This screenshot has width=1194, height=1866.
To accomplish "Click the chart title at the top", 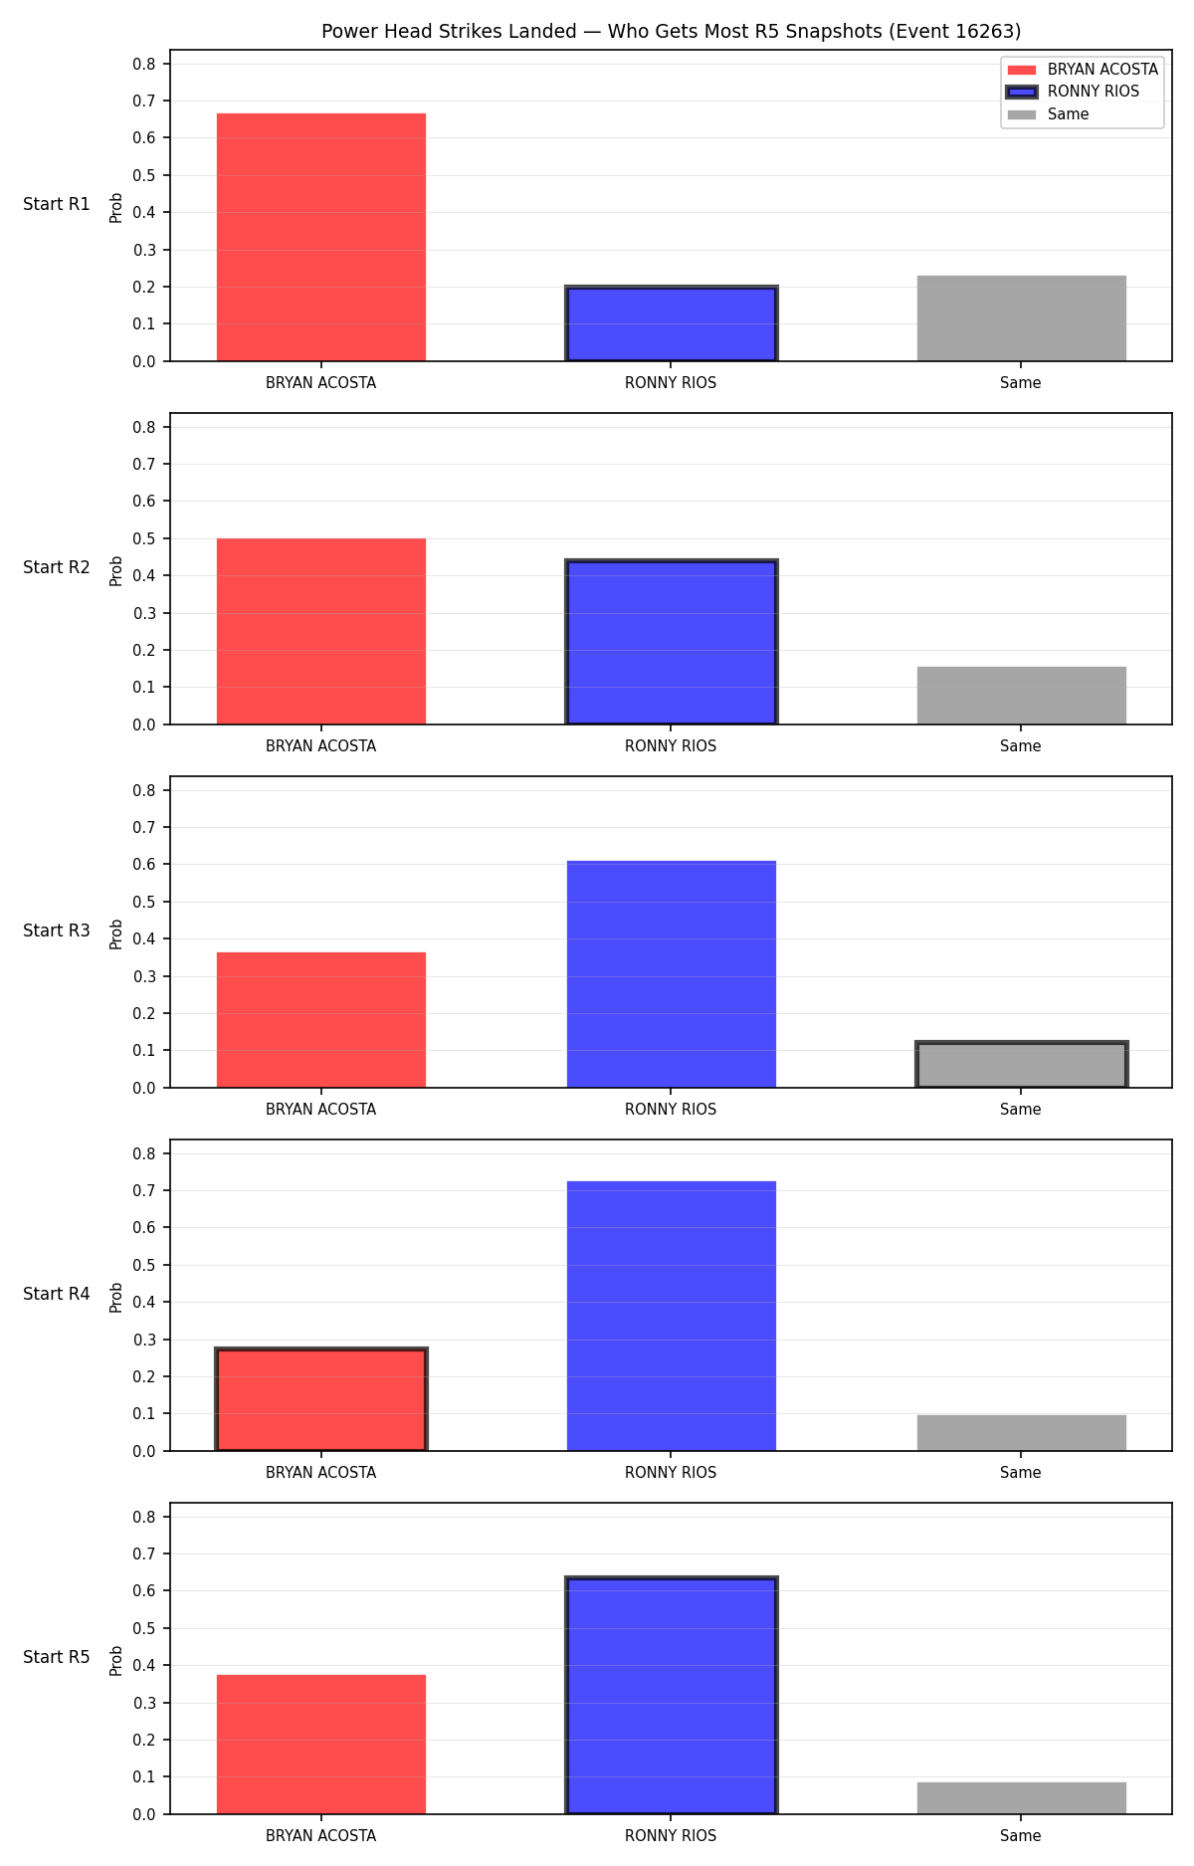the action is pyautogui.click(x=671, y=31).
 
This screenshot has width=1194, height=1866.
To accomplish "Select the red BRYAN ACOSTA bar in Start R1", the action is pyautogui.click(x=321, y=237).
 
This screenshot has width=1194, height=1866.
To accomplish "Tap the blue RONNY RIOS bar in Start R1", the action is pyautogui.click(x=672, y=323).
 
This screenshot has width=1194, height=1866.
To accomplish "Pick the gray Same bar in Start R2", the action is pyautogui.click(x=1022, y=696).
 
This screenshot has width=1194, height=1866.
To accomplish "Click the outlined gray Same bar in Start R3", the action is pyautogui.click(x=1022, y=1065).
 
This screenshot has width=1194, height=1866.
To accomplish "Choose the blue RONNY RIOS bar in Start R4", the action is pyautogui.click(x=672, y=1316).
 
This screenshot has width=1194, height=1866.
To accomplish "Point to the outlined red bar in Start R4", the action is pyautogui.click(x=321, y=1399).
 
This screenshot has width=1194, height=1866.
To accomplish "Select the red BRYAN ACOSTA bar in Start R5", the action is pyautogui.click(x=321, y=1745).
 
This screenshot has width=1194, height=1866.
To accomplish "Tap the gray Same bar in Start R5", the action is pyautogui.click(x=1022, y=1798).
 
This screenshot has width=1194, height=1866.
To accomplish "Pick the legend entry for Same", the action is pyautogui.click(x=1049, y=114).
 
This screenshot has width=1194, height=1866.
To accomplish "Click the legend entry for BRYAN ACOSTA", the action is pyautogui.click(x=1083, y=70).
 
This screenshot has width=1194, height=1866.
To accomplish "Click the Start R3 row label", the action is pyautogui.click(x=57, y=931).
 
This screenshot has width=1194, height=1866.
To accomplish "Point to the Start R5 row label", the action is pyautogui.click(x=57, y=1657).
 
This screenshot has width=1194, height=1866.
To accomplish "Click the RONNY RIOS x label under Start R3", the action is pyautogui.click(x=671, y=1110).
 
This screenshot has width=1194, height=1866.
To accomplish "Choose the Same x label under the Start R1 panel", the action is pyautogui.click(x=1021, y=383).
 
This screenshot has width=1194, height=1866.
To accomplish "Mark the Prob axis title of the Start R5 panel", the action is pyautogui.click(x=116, y=1660).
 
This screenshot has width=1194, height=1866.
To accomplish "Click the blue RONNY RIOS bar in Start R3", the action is pyautogui.click(x=672, y=974).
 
